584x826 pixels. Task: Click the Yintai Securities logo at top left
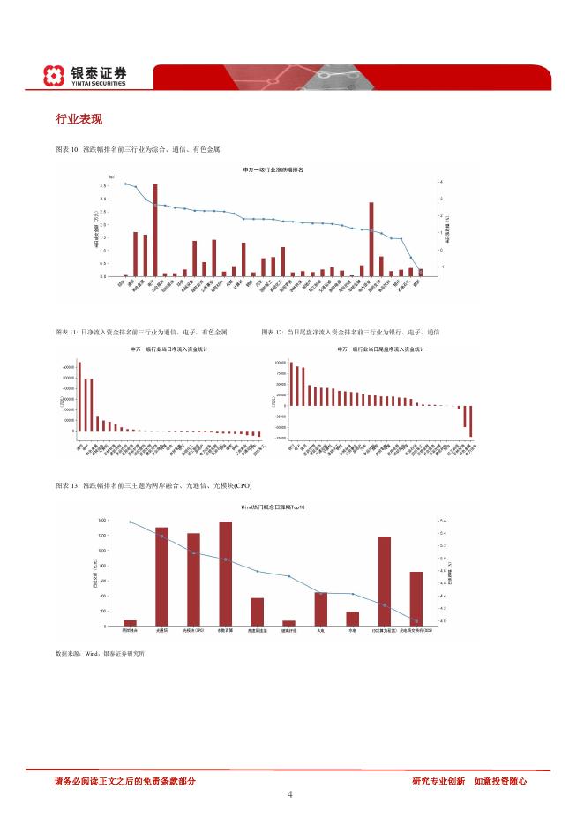tap(85, 76)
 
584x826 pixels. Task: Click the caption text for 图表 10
tap(138, 150)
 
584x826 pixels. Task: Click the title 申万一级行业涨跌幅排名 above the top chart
tap(273, 169)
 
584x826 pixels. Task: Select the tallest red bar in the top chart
tap(155, 229)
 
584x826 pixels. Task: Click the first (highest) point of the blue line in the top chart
tap(125, 184)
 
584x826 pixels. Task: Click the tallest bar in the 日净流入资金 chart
tap(79, 396)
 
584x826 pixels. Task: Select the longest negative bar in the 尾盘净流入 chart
tap(471, 421)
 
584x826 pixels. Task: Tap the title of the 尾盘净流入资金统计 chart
tap(381, 349)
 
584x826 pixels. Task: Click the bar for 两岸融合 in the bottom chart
tap(130, 623)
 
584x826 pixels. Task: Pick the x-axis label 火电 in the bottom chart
tap(320, 631)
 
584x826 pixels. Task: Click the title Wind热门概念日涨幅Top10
tap(273, 509)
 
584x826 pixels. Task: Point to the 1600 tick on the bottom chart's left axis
tap(102, 520)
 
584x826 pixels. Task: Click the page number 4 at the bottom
tap(290, 794)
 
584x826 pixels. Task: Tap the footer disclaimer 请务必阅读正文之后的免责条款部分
tap(124, 781)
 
